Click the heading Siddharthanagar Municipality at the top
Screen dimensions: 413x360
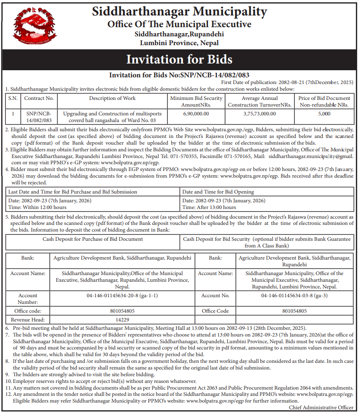pos(179,11)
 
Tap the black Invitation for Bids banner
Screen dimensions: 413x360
pos(180,59)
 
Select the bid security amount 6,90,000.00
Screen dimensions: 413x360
pos(196,113)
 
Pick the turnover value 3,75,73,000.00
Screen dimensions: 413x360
pos(259,113)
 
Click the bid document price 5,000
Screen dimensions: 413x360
pos(325,113)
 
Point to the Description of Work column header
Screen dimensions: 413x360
pos(112,99)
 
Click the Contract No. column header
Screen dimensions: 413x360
pos(39,99)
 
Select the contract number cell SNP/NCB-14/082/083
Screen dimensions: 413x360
pos(39,117)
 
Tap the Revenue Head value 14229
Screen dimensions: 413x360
pos(122,320)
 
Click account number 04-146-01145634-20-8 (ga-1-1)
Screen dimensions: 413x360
pos(122,296)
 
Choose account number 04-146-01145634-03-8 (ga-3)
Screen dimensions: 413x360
pos(294,296)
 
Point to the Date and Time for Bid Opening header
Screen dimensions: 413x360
pos(218,192)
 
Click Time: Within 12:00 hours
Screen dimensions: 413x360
pos(38,207)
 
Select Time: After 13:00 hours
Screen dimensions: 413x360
pos(209,207)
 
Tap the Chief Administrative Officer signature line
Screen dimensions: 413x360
pos(321,407)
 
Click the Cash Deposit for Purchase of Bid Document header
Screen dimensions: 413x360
pos(93,239)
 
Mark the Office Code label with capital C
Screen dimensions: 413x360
pos(215,311)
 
